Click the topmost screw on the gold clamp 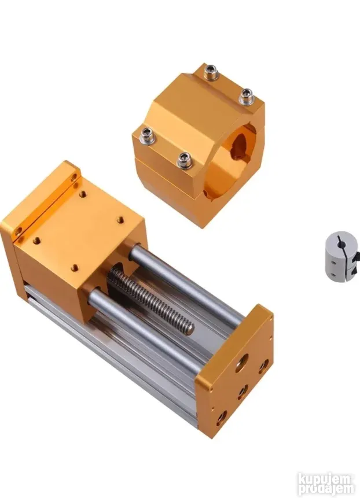211,72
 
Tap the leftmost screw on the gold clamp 147,134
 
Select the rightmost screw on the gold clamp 246,96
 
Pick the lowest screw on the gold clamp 184,160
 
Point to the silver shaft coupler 342,257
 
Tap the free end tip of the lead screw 189,327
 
